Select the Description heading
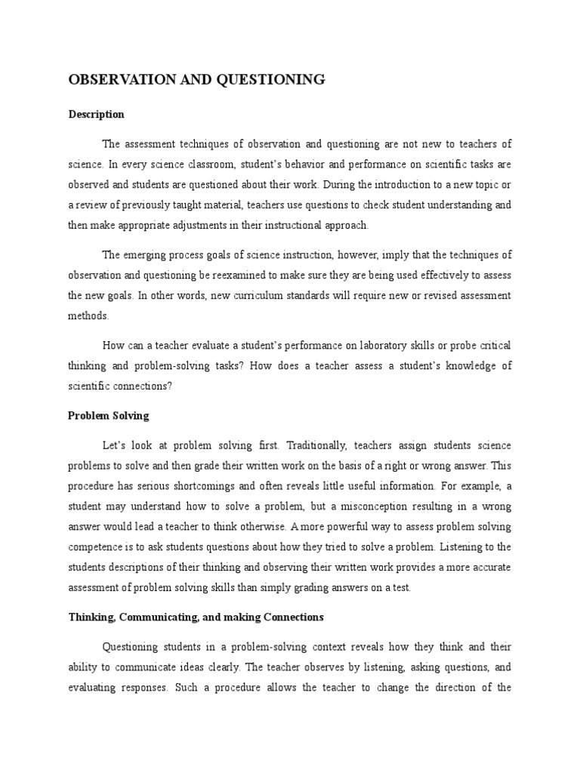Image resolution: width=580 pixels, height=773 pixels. [97, 115]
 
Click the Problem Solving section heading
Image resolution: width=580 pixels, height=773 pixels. [109, 415]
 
